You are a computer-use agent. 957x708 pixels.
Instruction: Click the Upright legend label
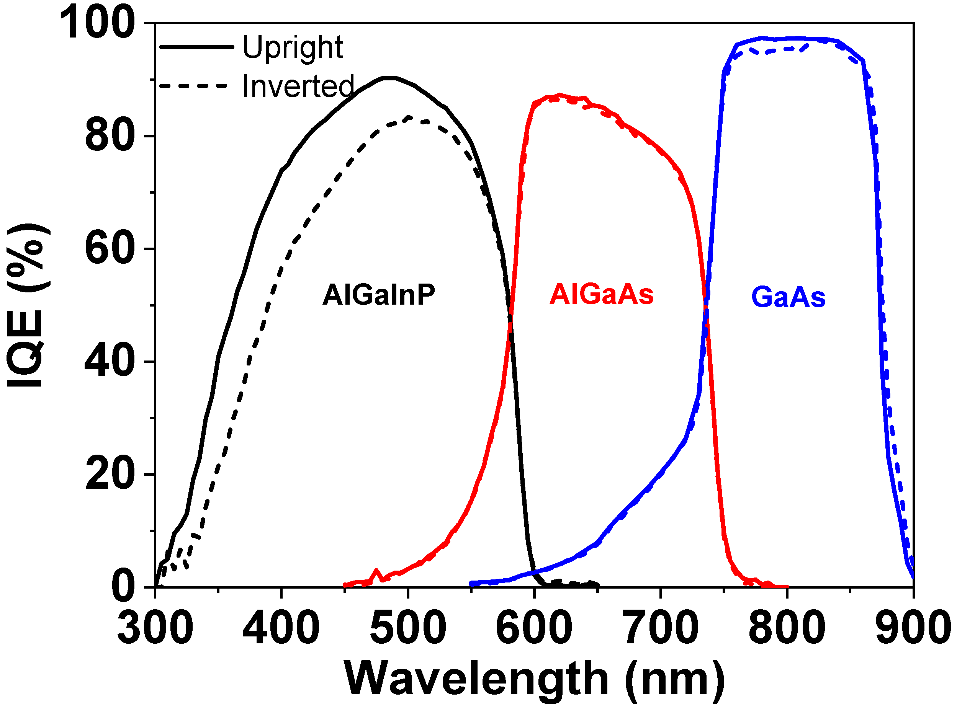293,47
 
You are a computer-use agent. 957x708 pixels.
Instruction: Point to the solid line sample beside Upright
196,47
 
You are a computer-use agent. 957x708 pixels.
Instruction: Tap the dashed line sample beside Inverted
193,86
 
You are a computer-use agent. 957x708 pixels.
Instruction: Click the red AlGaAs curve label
601,295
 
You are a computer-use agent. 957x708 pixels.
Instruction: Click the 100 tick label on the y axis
97,24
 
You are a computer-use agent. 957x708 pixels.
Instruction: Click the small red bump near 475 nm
376,571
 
